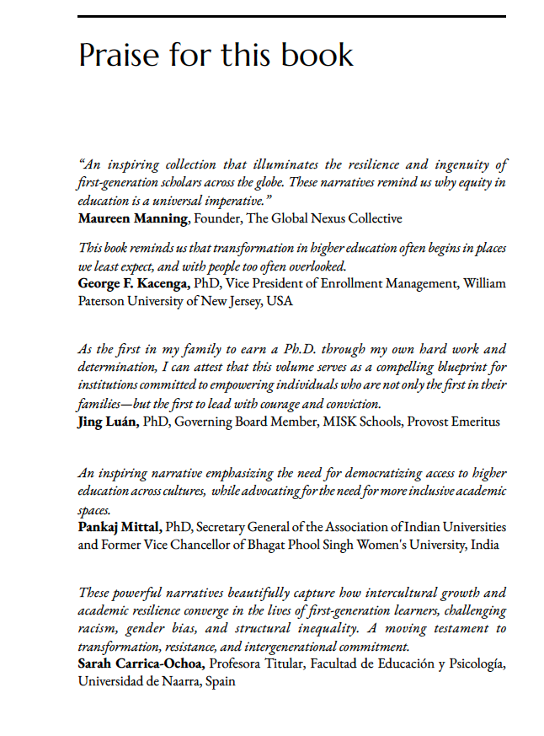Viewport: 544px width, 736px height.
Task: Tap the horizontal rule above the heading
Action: coord(291,16)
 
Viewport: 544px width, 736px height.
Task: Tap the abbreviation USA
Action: coord(280,301)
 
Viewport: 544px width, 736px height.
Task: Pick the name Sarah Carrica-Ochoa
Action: coord(141,664)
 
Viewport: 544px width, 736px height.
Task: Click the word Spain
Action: coord(217,681)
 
